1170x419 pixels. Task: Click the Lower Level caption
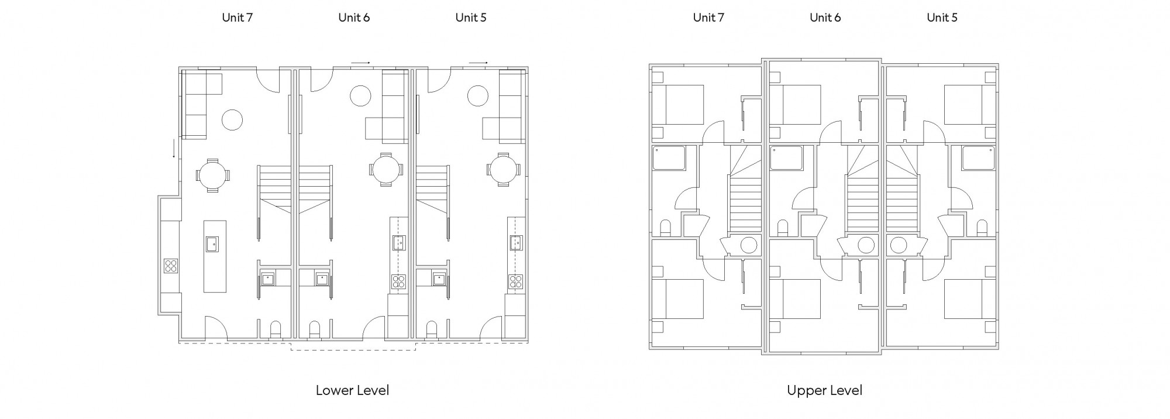(x=352, y=390)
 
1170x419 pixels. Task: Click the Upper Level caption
(x=824, y=390)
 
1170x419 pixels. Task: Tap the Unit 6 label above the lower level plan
(x=354, y=18)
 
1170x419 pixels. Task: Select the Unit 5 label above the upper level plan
(x=942, y=18)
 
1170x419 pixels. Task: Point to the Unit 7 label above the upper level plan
(x=708, y=18)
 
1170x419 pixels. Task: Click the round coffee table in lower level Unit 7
(x=232, y=120)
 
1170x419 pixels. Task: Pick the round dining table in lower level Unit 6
(x=386, y=170)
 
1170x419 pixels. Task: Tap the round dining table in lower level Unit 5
(x=503, y=170)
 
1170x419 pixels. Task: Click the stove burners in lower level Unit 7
(x=171, y=266)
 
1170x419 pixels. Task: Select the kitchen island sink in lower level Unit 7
(x=211, y=243)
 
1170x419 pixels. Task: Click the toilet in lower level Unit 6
(x=315, y=329)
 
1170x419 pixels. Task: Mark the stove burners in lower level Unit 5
(x=515, y=281)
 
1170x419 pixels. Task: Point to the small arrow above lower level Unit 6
(x=360, y=63)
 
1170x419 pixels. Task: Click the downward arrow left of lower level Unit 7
(x=174, y=148)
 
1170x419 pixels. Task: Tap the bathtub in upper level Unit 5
(x=979, y=158)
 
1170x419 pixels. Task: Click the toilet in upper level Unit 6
(x=783, y=228)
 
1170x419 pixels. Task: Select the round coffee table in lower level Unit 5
(x=478, y=95)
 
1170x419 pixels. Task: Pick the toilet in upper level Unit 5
(x=982, y=228)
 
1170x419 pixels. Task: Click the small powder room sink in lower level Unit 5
(x=439, y=279)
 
